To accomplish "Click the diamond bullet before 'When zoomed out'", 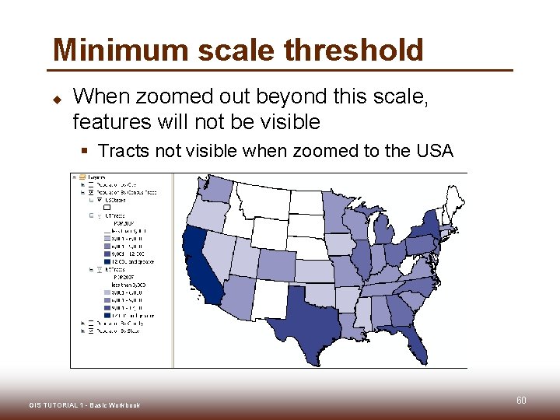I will click(x=56, y=98).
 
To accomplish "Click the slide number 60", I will click(x=521, y=401).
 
